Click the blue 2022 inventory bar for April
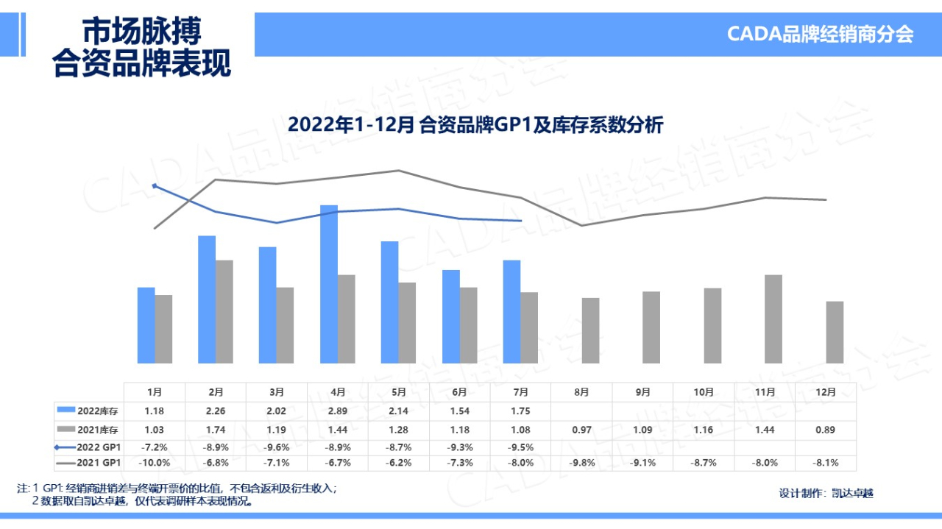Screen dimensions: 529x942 [329, 284]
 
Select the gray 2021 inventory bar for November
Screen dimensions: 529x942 [773, 319]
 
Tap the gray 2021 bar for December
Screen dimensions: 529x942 [835, 332]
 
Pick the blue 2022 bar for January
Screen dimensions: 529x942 [146, 324]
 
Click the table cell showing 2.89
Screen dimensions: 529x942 [338, 411]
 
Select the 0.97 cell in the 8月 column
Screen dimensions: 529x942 [581, 429]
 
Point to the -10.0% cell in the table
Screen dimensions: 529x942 [155, 463]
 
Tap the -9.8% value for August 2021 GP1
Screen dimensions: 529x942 [581, 463]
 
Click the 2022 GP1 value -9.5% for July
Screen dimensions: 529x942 [520, 446]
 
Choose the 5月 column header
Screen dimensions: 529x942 [399, 392]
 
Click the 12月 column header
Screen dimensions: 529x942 [826, 392]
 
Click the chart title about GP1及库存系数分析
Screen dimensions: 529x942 [475, 125]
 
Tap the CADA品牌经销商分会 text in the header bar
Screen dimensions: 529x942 [820, 34]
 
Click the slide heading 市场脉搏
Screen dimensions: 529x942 [141, 31]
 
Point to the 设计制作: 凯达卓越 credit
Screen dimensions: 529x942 [826, 494]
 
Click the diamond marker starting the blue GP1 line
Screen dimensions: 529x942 [155, 185]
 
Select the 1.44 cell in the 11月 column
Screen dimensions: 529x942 [765, 429]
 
